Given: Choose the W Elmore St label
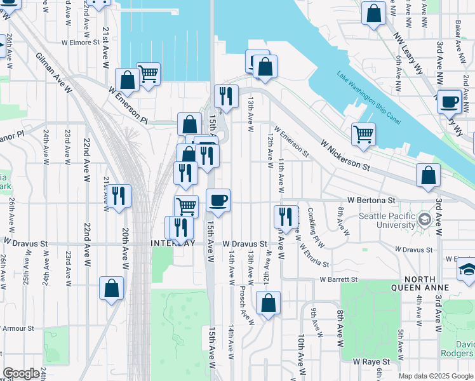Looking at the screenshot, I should pos(81,43).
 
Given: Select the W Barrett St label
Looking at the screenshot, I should pos(338,279).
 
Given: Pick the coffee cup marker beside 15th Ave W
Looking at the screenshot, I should pos(218,201).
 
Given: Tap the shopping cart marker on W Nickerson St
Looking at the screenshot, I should pos(363,134).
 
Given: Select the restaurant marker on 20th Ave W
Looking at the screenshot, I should pos(118,196).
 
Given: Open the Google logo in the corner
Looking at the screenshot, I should pos(21,373).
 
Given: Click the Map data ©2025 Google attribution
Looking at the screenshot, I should pos(436,376).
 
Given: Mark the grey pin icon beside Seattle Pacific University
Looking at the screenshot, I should pos(424,220).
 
